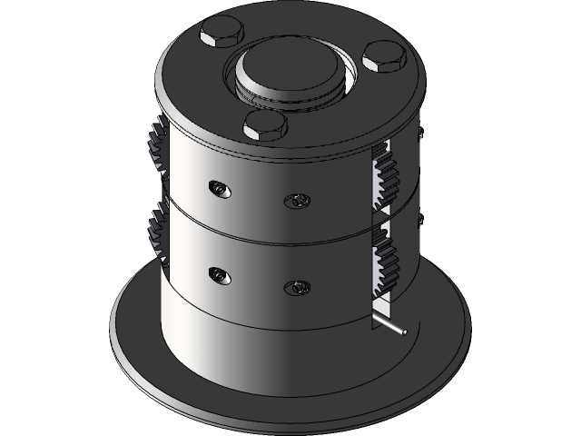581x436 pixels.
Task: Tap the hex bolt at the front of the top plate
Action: [265, 125]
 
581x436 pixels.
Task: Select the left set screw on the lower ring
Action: [217, 274]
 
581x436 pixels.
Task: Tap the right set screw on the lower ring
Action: [296, 288]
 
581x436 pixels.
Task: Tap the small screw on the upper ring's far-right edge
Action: [420, 133]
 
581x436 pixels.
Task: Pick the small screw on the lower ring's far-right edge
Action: [419, 219]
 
